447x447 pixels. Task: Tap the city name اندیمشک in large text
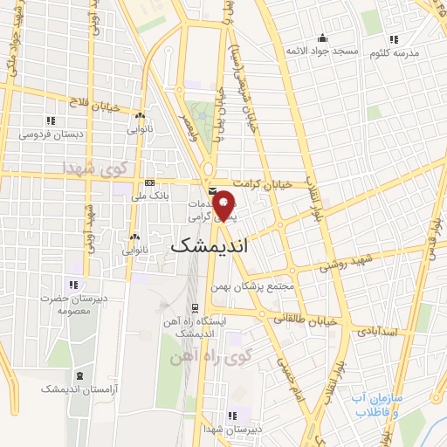210,247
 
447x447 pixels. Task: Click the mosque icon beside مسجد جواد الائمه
323,38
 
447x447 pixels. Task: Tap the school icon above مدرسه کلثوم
393,39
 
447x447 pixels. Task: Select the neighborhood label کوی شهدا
94,167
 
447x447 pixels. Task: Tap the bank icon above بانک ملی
149,183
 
